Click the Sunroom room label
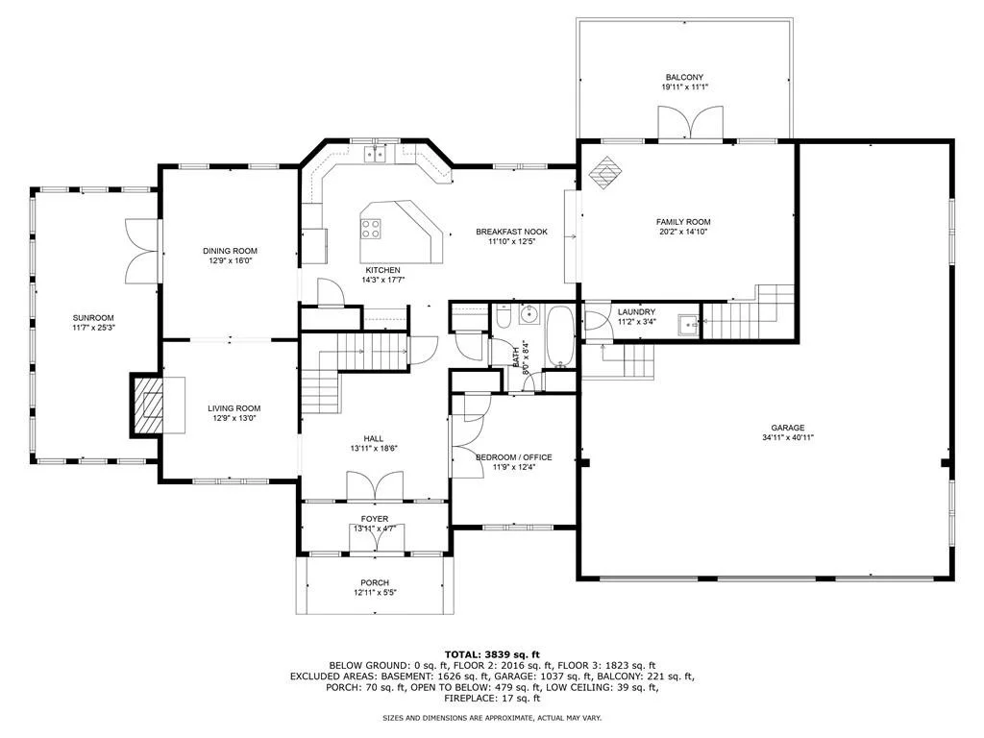click(x=93, y=318)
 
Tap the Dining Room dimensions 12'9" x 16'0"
click(x=231, y=260)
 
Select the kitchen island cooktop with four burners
click(x=371, y=228)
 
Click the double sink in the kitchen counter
click(x=376, y=153)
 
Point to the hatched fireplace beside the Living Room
click(x=147, y=406)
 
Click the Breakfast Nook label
click(x=511, y=232)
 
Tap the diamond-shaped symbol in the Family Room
click(x=605, y=173)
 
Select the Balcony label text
click(x=684, y=77)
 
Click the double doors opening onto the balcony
click(x=690, y=122)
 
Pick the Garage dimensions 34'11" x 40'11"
click(x=788, y=438)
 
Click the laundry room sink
click(x=687, y=325)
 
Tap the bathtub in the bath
click(x=559, y=336)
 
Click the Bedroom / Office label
click(x=514, y=457)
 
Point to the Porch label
click(x=375, y=583)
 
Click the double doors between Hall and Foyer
click(x=375, y=486)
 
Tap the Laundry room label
click(x=636, y=312)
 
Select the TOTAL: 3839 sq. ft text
click(x=492, y=654)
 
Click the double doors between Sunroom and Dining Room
click(x=142, y=251)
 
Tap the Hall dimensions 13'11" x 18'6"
click(x=374, y=449)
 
